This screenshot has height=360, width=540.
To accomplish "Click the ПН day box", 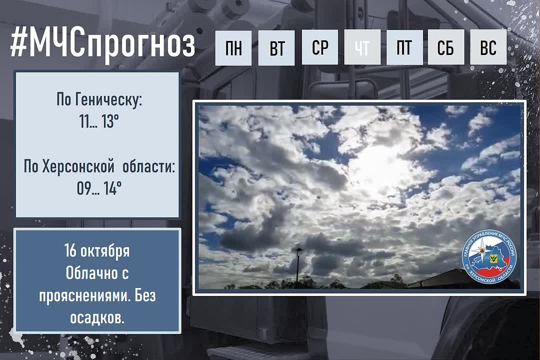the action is point(233,48).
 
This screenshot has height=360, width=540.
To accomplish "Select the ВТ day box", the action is point(276,48).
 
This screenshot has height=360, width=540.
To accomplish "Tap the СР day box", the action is point(319,47).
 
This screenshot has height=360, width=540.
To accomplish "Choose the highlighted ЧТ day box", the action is point(362,47).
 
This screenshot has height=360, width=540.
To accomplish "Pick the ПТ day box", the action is point(404,47).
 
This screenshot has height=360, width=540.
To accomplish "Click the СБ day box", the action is point(446,47).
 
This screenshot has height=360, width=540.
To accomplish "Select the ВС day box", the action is point(488,47).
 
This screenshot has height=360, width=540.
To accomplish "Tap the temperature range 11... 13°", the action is point(99,121).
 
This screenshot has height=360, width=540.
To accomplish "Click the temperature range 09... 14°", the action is point(99,188).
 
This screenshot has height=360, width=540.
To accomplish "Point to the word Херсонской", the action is point(78,167).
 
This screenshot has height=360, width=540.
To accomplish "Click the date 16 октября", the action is point(97,250).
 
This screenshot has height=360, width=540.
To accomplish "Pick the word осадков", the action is point(97,317).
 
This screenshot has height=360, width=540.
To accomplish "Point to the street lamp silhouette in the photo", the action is point(297,263).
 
